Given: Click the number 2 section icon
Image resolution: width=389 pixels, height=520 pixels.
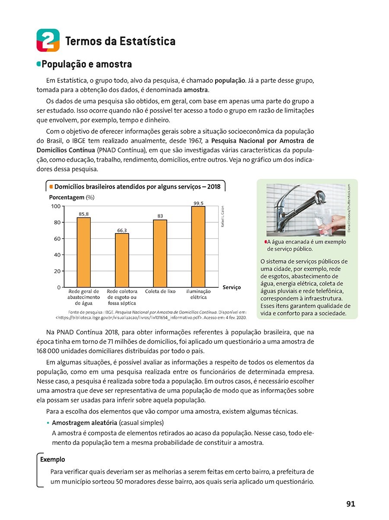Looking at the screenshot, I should (x=48, y=40).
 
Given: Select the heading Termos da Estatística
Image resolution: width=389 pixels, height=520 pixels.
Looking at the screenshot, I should (x=120, y=41).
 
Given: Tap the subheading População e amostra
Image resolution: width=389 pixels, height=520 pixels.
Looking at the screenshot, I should (x=86, y=65).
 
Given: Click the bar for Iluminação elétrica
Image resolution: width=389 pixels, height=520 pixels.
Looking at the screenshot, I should (x=198, y=246).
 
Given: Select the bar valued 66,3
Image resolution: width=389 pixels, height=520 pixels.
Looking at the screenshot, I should (x=122, y=260).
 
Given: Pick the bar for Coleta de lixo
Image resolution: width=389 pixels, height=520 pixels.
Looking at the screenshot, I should (x=160, y=253).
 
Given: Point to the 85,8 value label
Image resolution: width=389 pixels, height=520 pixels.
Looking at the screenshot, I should (x=84, y=214).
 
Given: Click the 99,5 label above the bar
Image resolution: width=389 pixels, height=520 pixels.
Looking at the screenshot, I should (x=198, y=203).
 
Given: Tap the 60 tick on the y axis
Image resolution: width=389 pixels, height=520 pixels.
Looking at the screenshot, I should (x=56, y=239).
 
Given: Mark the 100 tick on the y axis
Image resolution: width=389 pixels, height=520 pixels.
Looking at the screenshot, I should (x=55, y=206).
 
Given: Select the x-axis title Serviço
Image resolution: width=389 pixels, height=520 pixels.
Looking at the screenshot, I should (x=232, y=287).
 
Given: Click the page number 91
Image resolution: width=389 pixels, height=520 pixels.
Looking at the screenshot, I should (x=351, y=504).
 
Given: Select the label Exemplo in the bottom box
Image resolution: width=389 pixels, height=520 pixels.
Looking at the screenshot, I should (x=52, y=460).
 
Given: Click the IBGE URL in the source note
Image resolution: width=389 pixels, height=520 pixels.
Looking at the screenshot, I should (x=130, y=318).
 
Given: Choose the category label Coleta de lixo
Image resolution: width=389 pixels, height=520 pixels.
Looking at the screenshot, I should (x=160, y=291).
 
